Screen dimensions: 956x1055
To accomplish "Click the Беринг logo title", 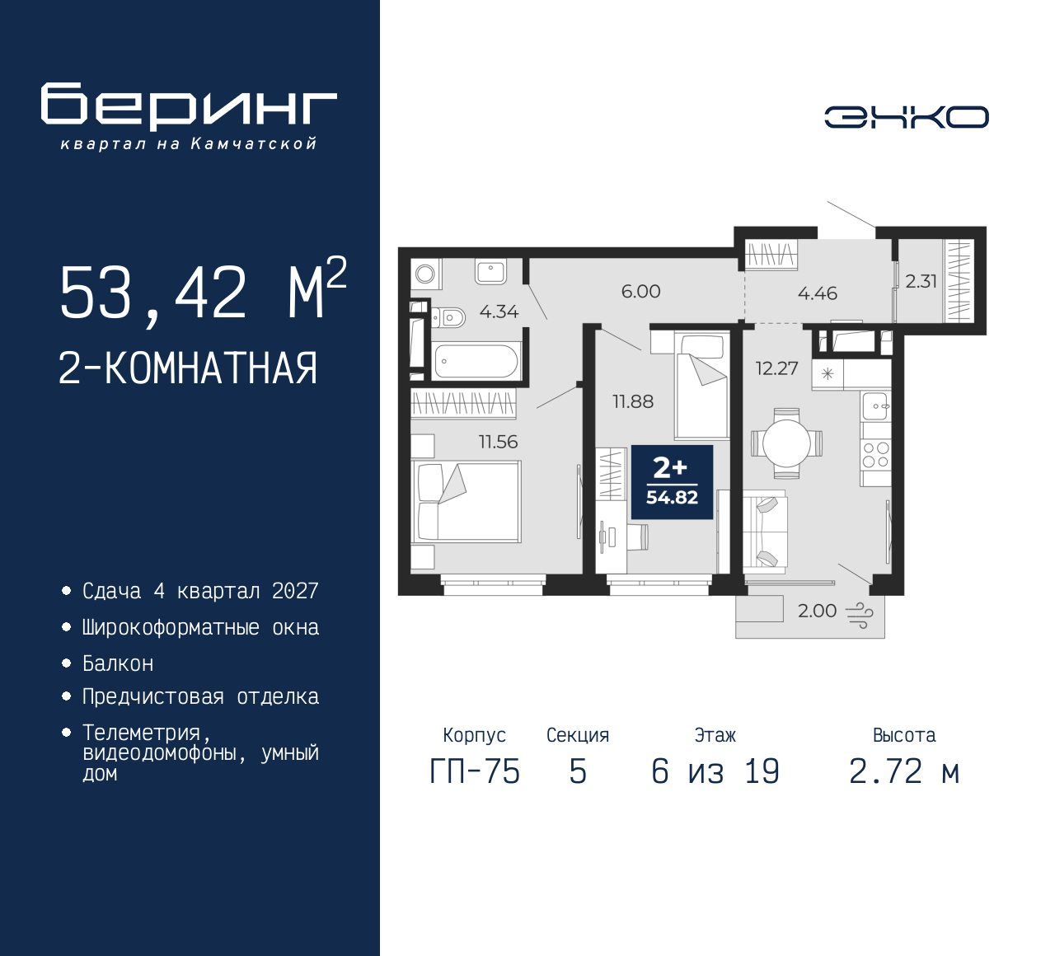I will (189, 105).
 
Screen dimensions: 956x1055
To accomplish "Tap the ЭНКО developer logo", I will (906, 117).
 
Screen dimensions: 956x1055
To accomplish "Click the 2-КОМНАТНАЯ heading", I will (188, 368).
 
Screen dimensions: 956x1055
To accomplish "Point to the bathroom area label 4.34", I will (499, 312).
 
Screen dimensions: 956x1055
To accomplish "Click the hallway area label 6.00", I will (640, 291).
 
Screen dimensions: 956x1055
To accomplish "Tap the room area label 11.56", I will (498, 442).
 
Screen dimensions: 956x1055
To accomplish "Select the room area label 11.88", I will (632, 401).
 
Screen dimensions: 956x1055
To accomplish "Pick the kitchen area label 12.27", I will (776, 368).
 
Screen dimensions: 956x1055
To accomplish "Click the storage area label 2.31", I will (921, 281).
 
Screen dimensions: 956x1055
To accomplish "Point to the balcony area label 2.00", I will (817, 611).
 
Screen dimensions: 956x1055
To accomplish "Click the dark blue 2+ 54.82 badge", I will (672, 482).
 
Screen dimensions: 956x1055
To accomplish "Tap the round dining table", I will (786, 443).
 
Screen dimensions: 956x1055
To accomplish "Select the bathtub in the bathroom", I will (476, 361).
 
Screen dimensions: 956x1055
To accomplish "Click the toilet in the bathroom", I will (449, 316).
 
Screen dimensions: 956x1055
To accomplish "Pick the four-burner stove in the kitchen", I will (876, 455).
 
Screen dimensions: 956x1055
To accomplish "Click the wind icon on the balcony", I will (859, 614).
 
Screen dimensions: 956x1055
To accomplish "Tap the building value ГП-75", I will (475, 771).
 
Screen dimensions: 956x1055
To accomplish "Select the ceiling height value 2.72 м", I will (904, 771).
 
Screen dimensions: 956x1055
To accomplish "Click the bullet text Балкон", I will (118, 663).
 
